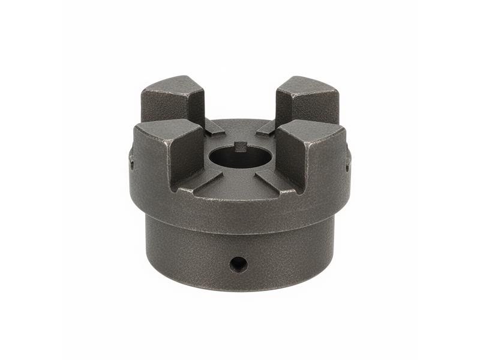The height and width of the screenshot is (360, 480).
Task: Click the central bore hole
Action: pos(240,157)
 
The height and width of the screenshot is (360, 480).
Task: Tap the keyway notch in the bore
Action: pos(240,145)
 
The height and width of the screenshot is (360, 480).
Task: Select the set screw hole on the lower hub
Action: pos(238,263)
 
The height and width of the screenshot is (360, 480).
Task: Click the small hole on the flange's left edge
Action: pos(131,160)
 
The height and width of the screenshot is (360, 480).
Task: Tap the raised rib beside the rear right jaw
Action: pos(265,127)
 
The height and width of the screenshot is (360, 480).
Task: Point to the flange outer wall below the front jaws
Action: pos(240,213)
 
